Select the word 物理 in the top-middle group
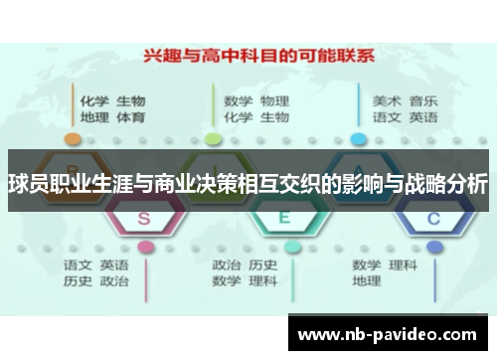point(274,100)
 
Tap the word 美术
point(387,100)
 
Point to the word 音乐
point(423,100)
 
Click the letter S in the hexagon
point(143,216)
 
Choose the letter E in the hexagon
point(283,216)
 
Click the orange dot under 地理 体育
point(71,138)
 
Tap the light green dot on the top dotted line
point(213,138)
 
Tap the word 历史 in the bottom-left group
point(78,282)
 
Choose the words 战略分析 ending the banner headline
point(449,184)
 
